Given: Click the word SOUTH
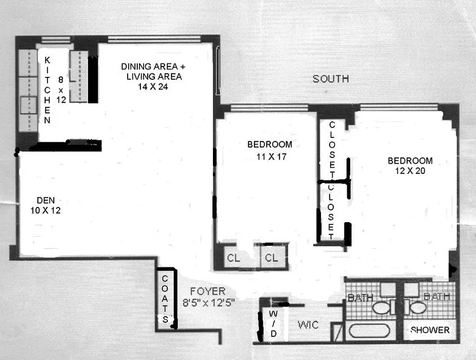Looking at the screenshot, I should [331, 78].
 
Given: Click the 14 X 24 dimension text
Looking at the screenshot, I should [153, 87].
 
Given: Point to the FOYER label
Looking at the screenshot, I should [207, 291].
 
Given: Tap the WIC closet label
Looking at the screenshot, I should [308, 325].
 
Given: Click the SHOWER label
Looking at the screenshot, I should [430, 330].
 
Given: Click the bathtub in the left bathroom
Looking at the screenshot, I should [369, 331].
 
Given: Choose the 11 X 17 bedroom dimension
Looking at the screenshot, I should [269, 156].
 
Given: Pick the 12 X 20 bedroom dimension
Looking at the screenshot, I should [410, 171].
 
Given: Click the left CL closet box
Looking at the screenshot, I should [233, 258].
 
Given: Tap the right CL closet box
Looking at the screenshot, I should [271, 258].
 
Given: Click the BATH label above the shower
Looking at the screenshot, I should [436, 297].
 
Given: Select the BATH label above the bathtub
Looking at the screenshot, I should [360, 297].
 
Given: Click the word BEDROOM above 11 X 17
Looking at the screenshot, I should [269, 145].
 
